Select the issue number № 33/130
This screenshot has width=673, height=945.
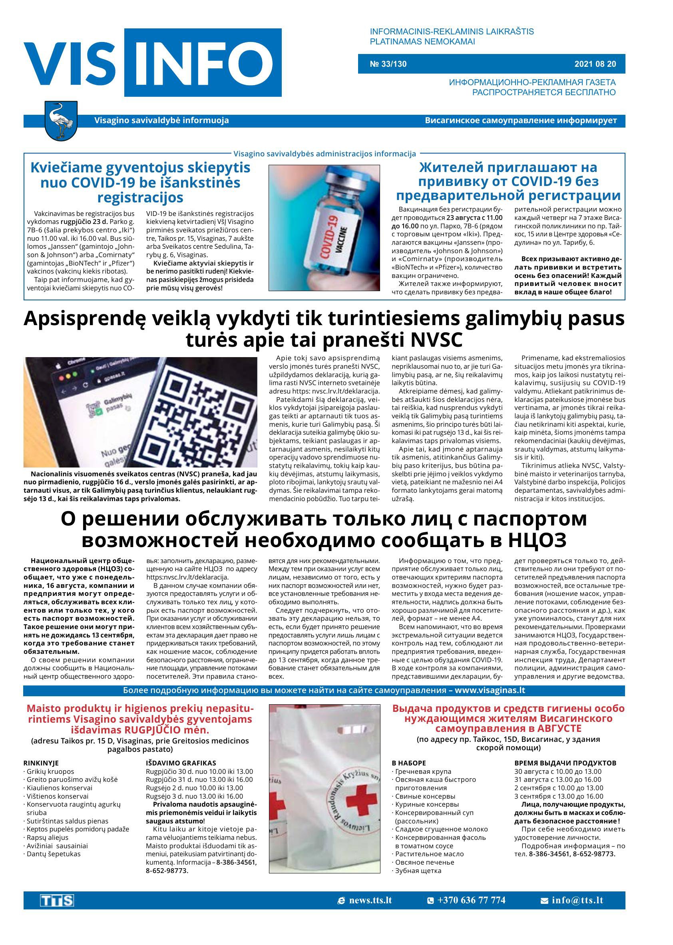pyautogui.click(x=388, y=64)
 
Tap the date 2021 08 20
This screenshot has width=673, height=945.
pyautogui.click(x=595, y=64)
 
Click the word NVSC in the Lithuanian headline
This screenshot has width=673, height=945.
pyautogui.click(x=435, y=340)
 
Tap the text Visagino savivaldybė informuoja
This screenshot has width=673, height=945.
pyautogui.click(x=161, y=121)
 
